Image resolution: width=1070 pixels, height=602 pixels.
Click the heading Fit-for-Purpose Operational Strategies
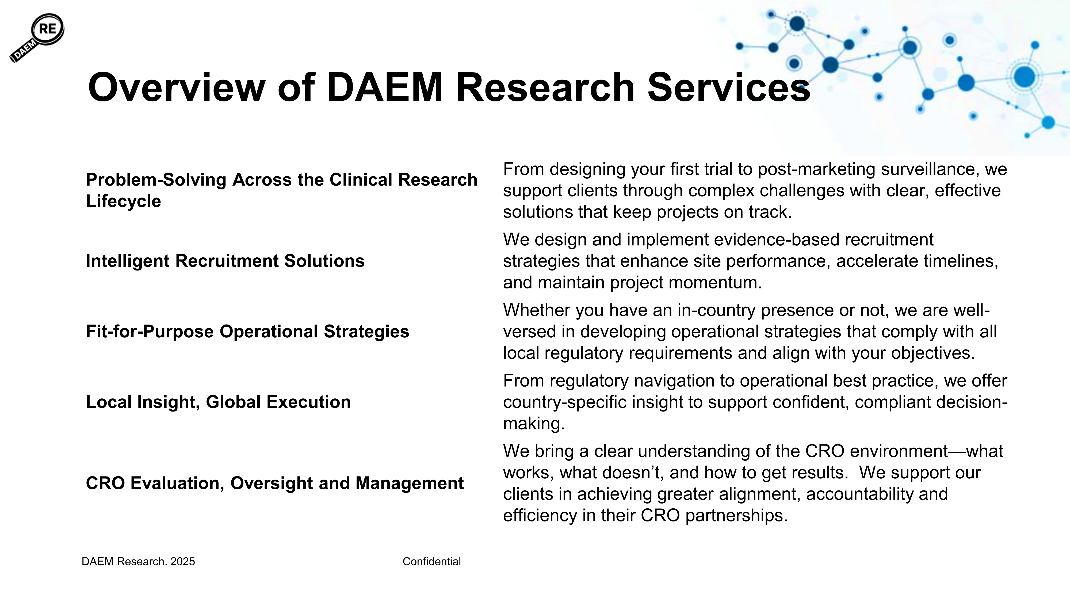(247, 332)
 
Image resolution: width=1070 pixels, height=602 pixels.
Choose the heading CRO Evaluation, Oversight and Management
(274, 483)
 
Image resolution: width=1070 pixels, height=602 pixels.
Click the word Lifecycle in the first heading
(123, 201)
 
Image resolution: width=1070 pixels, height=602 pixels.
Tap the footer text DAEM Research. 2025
(138, 562)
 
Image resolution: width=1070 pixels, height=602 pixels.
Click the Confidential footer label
(431, 562)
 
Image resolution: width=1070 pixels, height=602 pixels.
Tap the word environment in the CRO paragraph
(899, 451)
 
